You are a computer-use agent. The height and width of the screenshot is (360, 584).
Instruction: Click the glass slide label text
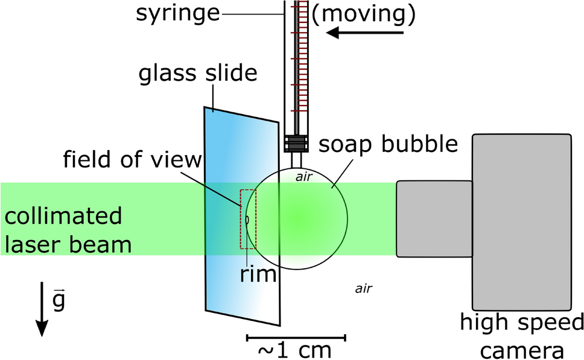click(198, 74)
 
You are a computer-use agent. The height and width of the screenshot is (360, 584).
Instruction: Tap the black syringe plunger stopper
click(297, 144)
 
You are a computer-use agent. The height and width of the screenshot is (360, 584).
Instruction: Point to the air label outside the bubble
click(363, 288)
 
